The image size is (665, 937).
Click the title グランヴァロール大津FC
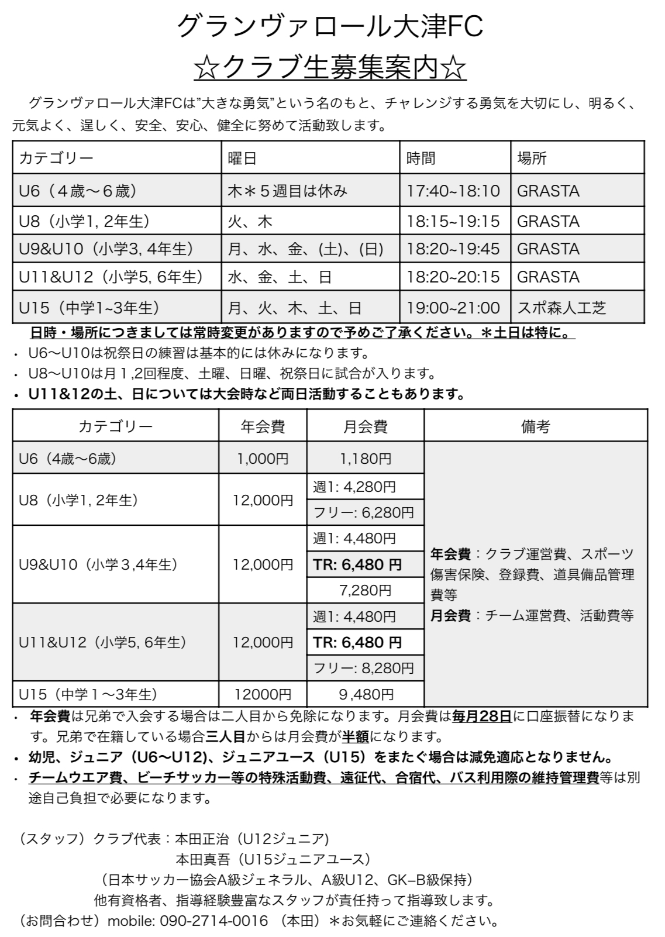coord(330,27)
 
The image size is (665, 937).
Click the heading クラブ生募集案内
coord(330,69)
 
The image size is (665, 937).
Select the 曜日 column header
coord(242,158)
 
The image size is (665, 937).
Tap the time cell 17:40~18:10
coord(453,191)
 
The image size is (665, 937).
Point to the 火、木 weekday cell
coord(250,222)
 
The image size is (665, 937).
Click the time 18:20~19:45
coord(453,249)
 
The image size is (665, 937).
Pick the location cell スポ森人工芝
coord(561,308)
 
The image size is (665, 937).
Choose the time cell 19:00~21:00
coord(453,308)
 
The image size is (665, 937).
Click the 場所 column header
coord(532,158)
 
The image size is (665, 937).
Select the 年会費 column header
coord(263,426)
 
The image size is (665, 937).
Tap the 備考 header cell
coord(535,426)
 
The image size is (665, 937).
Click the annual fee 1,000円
coord(263,459)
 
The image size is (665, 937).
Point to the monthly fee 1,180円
coord(366,459)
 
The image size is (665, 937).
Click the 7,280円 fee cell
coord(366,590)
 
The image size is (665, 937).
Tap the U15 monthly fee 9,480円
coord(366,694)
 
